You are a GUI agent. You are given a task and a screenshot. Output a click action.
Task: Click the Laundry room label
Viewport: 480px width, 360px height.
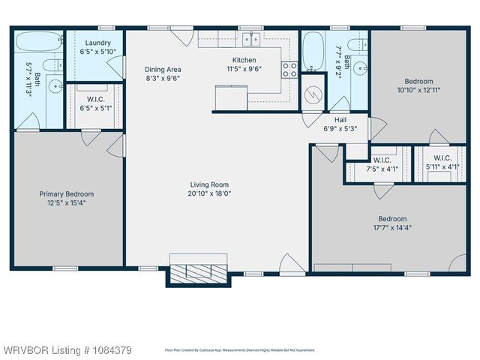(x=98, y=43)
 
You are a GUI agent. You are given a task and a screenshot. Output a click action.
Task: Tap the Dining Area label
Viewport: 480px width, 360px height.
(x=163, y=70)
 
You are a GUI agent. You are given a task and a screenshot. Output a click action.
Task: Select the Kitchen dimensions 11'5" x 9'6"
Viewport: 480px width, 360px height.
(x=244, y=69)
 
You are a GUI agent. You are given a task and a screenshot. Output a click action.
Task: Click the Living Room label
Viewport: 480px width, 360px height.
(x=209, y=184)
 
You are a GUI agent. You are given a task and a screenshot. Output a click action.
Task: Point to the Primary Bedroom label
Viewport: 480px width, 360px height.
(x=67, y=193)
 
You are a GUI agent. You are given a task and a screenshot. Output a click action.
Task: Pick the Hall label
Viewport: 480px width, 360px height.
(x=340, y=119)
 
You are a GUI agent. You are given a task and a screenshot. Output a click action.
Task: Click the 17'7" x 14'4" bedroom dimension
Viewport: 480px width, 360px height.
(x=392, y=228)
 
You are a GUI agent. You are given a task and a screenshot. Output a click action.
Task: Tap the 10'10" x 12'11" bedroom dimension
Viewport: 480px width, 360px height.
(x=419, y=90)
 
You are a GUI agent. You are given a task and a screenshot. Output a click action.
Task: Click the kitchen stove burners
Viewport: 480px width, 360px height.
(x=289, y=70)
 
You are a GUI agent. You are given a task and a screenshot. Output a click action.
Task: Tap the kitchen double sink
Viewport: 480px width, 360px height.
(x=250, y=39)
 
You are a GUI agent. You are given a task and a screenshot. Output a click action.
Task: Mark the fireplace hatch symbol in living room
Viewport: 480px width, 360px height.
(x=198, y=273)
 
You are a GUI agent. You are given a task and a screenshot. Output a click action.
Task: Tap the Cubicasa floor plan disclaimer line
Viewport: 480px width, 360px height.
(x=240, y=350)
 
